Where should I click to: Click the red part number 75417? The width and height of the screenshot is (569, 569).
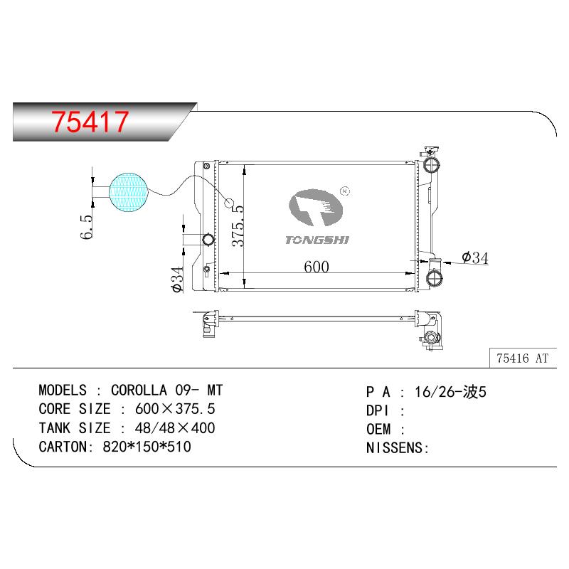tap(90, 122)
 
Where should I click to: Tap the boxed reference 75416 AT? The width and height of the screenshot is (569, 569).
tap(522, 358)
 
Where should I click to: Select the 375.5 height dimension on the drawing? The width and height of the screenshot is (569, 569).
tap(238, 226)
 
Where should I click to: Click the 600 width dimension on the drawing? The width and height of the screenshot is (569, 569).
tap(317, 267)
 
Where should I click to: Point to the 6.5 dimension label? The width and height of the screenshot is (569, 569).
tap(86, 227)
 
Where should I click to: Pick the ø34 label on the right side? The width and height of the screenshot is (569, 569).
tap(475, 257)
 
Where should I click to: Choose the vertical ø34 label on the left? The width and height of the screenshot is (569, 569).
tap(177, 280)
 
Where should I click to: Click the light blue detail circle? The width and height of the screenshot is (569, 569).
tap(129, 192)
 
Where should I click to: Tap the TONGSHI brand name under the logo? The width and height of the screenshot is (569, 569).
tap(317, 240)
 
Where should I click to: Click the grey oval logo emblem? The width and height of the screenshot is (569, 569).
tap(316, 207)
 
